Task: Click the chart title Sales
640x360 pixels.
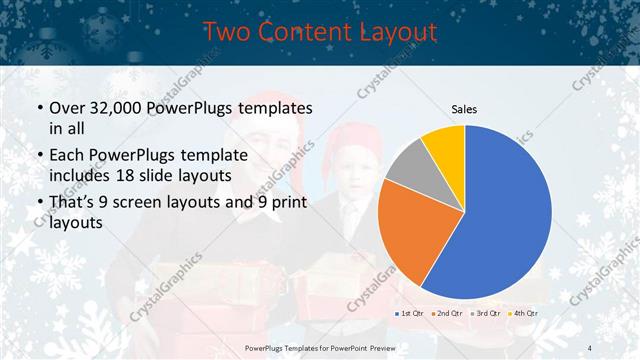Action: [x=464, y=108]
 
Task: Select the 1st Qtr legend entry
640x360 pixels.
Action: [x=410, y=314]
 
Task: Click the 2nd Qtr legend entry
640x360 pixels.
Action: [x=445, y=314]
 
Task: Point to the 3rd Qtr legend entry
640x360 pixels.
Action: [x=483, y=314]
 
